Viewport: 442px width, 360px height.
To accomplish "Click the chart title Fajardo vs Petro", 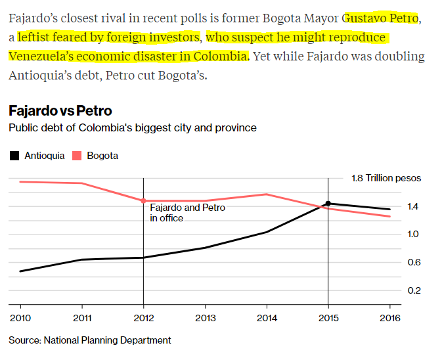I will (60, 110).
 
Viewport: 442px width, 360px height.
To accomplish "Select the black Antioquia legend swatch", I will (14, 156).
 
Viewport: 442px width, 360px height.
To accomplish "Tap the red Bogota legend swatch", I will (76, 156).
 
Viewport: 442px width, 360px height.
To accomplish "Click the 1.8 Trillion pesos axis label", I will (386, 178).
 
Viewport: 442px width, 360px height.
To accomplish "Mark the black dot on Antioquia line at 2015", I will (328, 204).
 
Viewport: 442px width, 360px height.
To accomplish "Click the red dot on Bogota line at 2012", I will (143, 200).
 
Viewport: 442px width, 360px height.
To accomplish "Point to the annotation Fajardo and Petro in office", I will (187, 212).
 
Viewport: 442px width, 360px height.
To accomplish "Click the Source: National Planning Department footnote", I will (90, 340).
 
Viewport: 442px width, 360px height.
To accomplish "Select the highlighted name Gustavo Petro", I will (380, 18).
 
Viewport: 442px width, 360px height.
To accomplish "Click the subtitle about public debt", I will (133, 127).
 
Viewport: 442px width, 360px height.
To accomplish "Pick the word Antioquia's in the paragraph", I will (43, 75).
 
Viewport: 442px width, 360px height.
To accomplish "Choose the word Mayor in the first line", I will (319, 18).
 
